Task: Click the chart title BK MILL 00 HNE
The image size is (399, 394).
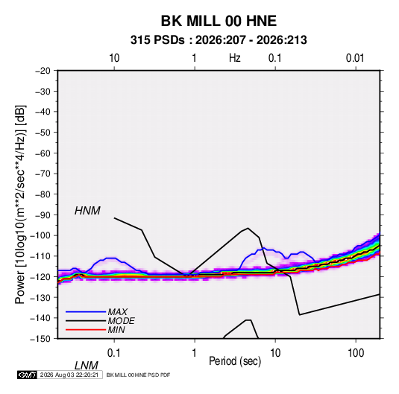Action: click(x=219, y=21)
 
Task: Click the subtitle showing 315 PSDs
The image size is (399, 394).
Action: click(x=219, y=40)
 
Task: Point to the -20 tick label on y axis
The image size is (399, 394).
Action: click(x=43, y=71)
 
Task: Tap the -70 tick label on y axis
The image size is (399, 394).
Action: click(x=43, y=174)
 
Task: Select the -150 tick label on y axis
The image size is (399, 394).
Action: click(x=40, y=339)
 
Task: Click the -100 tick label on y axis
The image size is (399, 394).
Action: click(x=40, y=235)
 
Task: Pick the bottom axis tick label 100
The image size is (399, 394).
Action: click(x=356, y=353)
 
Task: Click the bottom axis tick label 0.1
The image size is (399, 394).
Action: click(x=114, y=353)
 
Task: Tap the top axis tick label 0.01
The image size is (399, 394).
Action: click(x=355, y=58)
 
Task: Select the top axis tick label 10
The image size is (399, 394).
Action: click(x=114, y=58)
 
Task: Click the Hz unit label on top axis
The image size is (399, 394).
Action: click(x=235, y=58)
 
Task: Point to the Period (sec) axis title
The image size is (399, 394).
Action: click(x=235, y=361)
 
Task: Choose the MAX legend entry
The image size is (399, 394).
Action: click(x=117, y=312)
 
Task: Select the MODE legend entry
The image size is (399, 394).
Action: click(x=121, y=321)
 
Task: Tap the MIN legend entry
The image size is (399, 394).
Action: click(x=116, y=330)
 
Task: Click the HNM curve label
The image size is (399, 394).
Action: click(x=87, y=211)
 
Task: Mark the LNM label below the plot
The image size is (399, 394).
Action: click(x=86, y=366)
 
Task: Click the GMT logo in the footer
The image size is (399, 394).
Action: click(x=28, y=375)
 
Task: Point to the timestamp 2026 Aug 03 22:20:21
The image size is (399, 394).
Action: click(x=69, y=375)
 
